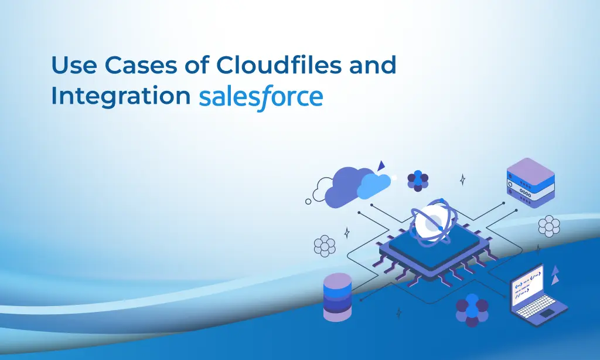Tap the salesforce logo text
pos(261,97)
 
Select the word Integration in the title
pos(120,96)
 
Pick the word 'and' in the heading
pos(373,66)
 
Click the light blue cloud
pos(374,185)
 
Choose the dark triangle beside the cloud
pos(381,165)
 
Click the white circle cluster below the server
pos(548,226)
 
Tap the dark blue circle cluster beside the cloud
pos(418,180)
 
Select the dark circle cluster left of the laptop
pos(472,310)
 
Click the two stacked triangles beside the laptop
pos(554,275)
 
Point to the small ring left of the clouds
pos(309,201)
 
